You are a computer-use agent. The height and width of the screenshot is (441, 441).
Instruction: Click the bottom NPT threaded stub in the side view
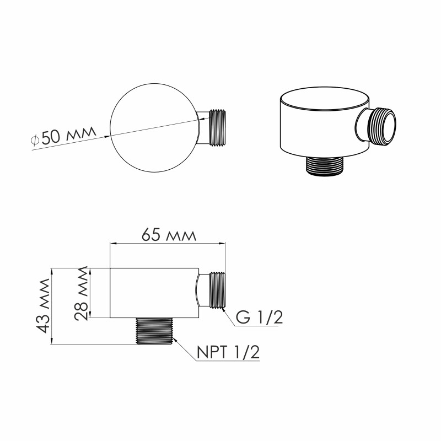[155, 331]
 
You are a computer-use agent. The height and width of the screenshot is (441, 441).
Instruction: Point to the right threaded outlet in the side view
[217, 290]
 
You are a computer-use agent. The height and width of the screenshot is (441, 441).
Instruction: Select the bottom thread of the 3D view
[324, 166]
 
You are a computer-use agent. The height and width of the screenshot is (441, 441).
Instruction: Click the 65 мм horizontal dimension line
[169, 243]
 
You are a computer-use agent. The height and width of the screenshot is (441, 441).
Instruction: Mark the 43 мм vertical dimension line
[52, 306]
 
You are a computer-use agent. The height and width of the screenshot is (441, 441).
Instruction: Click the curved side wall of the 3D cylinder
[314, 132]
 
